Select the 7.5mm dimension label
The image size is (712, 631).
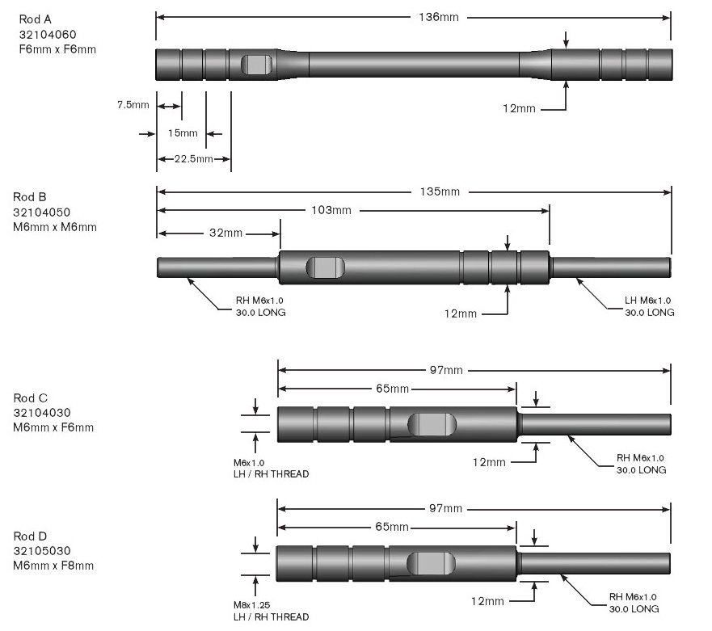pos(133,105)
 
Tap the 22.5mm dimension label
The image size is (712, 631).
pos(193,158)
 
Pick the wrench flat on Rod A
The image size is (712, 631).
pos(258,65)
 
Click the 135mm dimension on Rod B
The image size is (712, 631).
pos(440,191)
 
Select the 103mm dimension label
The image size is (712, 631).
pos(332,211)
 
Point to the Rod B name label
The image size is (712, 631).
pos(30,196)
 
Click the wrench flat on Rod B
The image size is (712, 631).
pos(326,267)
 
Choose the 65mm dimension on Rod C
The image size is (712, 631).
pos(393,389)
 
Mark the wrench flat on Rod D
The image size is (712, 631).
pos(431,563)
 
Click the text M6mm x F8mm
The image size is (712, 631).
pos(53,566)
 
